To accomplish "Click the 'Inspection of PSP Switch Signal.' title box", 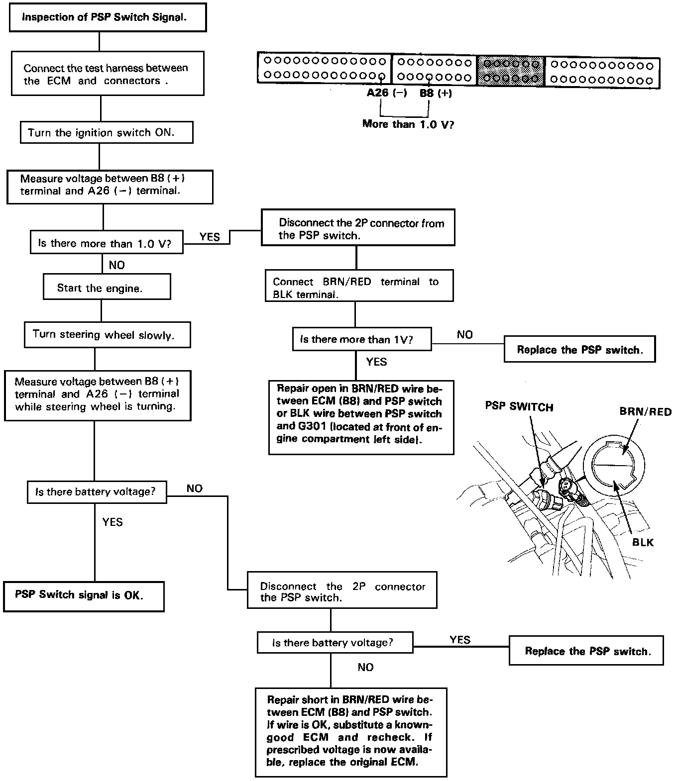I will coord(108,17).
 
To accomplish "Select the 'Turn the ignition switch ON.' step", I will coord(107,133).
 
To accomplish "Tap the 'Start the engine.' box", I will coord(107,288).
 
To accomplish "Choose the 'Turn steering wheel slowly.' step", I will coord(107,334).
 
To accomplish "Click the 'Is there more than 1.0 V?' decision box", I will coord(107,243).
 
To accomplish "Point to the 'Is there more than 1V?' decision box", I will coord(361,339).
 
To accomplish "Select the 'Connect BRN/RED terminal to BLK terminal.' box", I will coord(359,288).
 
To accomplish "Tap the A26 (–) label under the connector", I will coord(387,94).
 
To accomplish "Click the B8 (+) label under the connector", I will coord(436,94).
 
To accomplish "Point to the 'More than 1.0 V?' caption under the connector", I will coord(408,124).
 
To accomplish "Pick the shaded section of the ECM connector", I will coord(511,71).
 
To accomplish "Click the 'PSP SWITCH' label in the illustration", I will coord(519,407).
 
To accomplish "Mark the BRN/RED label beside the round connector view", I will coord(645,412).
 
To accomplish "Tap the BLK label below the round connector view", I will coord(643,542).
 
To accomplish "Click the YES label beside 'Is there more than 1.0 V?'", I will coord(210,237).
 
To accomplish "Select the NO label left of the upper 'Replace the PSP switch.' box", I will coord(464,335).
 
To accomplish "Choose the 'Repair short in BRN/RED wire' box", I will coord(351,731).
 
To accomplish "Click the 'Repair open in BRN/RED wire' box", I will coord(361,417).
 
